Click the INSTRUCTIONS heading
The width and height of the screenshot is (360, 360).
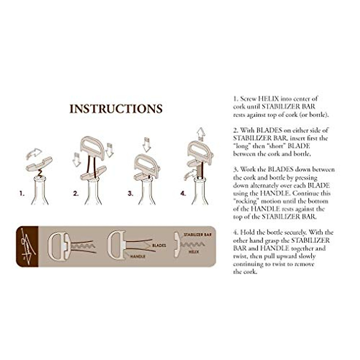(116, 109)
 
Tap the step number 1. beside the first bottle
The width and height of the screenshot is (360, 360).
(22, 194)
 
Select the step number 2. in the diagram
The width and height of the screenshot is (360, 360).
(76, 194)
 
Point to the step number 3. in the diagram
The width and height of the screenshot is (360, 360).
(130, 194)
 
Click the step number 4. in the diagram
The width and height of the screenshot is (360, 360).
(183, 194)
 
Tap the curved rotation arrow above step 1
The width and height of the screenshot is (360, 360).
(34, 153)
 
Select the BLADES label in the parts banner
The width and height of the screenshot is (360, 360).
(159, 245)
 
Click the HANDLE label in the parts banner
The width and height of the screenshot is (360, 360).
(138, 256)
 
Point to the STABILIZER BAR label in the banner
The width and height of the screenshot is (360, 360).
(197, 235)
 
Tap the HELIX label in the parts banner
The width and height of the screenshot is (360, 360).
(194, 252)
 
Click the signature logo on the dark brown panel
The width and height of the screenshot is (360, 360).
(27, 246)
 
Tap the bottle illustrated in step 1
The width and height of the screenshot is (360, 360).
(40, 192)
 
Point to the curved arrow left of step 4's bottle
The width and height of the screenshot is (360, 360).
(189, 174)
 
